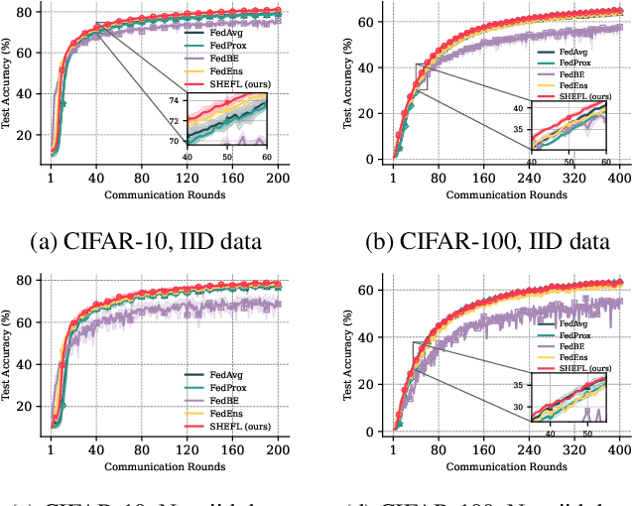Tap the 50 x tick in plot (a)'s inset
(226, 157)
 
